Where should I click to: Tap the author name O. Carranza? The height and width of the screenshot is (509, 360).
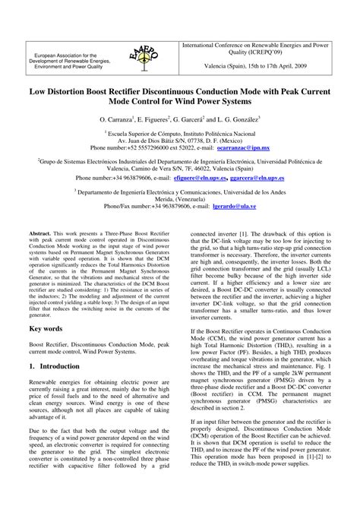pyautogui.click(x=115, y=120)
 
